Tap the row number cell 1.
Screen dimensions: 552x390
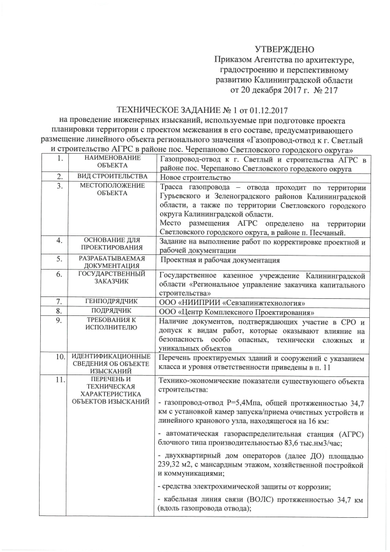(x=59, y=159)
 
